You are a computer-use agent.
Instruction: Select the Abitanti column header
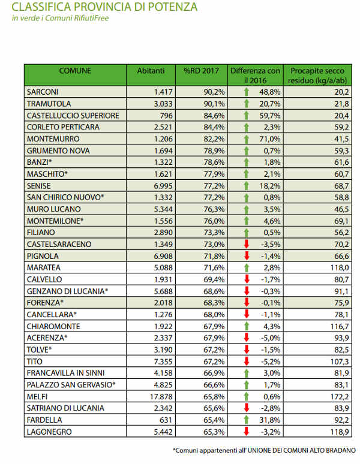pyautogui.click(x=151, y=71)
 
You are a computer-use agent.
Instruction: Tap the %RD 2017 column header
pyautogui.click(x=202, y=71)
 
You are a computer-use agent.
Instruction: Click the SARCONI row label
pyautogui.click(x=43, y=92)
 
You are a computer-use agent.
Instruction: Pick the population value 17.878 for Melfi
pyautogui.click(x=161, y=396)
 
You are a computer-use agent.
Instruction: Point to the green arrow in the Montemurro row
pyautogui.click(x=247, y=139)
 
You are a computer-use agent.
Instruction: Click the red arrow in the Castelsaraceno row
pyautogui.click(x=247, y=244)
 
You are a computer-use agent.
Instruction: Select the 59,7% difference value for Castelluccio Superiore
pyautogui.click(x=270, y=116)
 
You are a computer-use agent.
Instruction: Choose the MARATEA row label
pyautogui.click(x=44, y=268)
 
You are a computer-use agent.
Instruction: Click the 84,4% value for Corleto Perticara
pyautogui.click(x=214, y=127)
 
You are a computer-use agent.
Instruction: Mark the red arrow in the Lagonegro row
pyautogui.click(x=247, y=432)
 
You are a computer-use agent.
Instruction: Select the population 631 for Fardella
pyautogui.click(x=166, y=420)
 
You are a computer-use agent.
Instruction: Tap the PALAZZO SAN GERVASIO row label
pyautogui.click(x=71, y=385)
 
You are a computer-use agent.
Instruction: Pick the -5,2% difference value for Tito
pyautogui.click(x=271, y=361)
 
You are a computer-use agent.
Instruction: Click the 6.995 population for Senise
pyautogui.click(x=163, y=186)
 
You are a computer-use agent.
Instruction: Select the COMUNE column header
pyautogui.click(x=75, y=71)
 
